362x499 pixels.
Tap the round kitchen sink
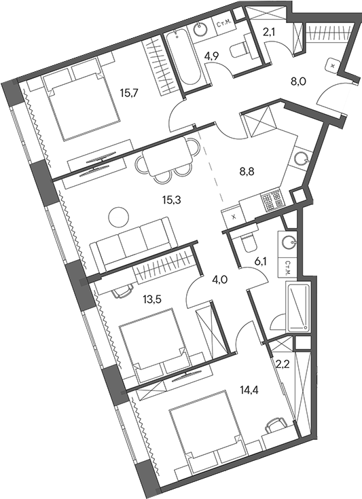tap(302, 159)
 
